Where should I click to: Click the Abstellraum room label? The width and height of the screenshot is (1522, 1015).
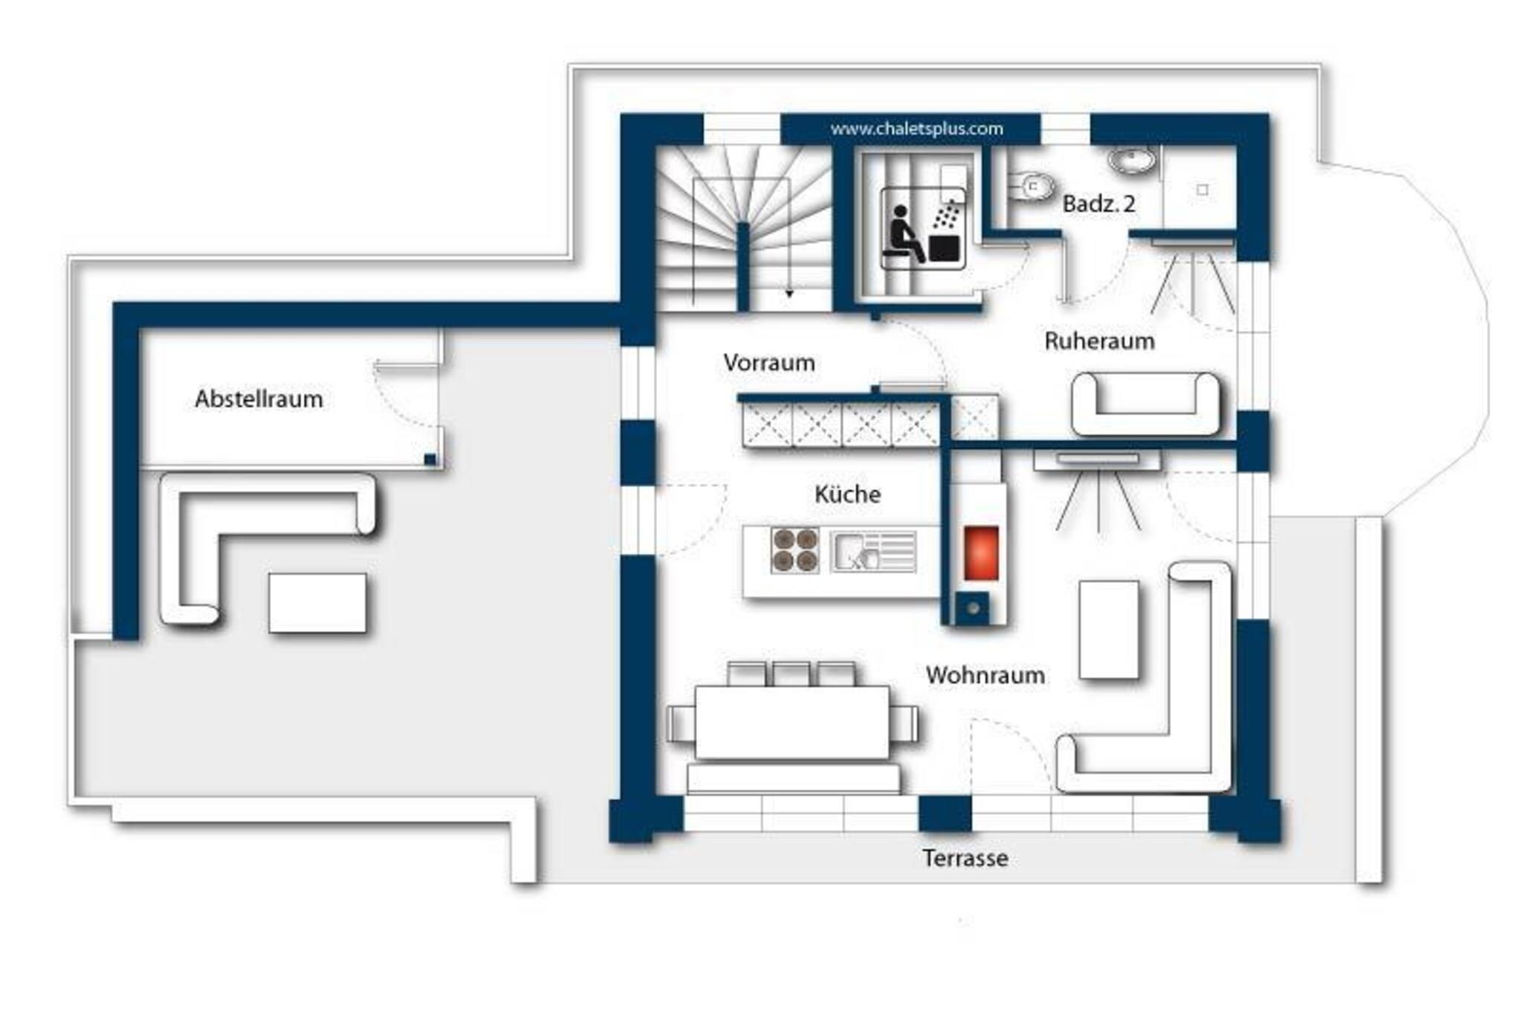(259, 399)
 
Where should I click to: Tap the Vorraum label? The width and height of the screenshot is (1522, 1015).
(769, 363)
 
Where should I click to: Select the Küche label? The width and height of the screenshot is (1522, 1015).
(847, 494)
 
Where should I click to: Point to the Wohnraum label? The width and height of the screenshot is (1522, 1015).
(985, 675)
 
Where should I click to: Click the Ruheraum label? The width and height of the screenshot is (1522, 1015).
(1099, 341)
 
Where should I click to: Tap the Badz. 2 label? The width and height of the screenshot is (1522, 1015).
(1098, 204)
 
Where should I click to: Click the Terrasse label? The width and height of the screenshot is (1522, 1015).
(965, 858)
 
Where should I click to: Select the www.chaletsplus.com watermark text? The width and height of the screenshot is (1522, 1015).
(916, 129)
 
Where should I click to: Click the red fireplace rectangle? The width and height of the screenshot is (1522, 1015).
(981, 552)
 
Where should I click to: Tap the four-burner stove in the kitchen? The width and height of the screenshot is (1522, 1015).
(795, 550)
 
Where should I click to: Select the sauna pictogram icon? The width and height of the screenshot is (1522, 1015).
(924, 228)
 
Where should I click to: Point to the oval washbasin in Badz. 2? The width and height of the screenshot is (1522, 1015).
(1131, 160)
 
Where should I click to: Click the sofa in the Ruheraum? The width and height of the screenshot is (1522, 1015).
(1145, 404)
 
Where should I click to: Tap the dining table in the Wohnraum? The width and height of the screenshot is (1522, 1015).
(792, 723)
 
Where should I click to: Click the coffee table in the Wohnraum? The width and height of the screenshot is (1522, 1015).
(1109, 630)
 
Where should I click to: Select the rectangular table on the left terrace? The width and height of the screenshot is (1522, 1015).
(317, 603)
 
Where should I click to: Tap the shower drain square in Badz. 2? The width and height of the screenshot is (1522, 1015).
(1202, 190)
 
